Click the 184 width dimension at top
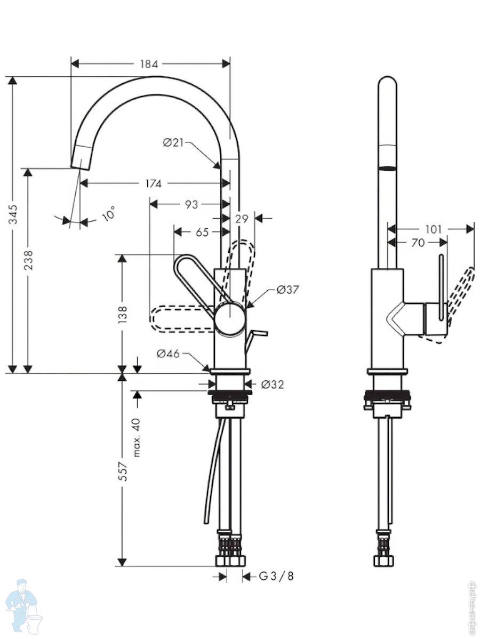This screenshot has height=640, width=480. [149, 64]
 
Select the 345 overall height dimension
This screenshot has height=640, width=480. [13, 214]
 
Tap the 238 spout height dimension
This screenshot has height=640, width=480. [28, 260]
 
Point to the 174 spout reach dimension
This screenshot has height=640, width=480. [153, 183]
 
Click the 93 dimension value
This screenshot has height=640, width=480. [191, 205]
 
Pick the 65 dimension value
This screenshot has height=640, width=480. [202, 232]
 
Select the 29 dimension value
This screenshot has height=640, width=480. [242, 219]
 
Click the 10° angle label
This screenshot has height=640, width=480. [108, 213]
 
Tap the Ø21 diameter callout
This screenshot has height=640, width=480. [173, 143]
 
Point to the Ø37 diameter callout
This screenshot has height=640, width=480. [288, 290]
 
